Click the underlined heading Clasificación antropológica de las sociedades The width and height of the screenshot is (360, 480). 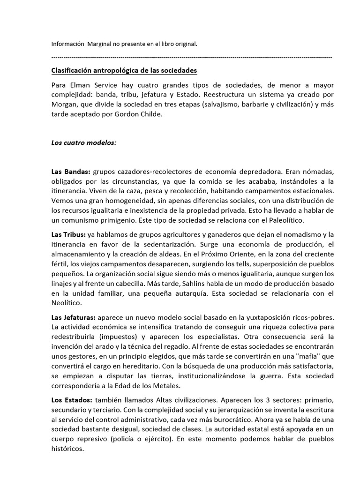point(124,71)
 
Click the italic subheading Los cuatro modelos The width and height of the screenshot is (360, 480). point(83,142)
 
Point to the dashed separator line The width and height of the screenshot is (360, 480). point(191,57)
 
